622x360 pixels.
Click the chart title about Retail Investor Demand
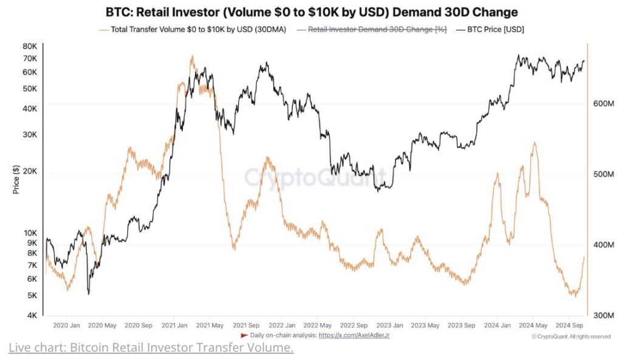pyautogui.click(x=311, y=12)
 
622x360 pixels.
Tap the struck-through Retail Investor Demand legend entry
pyautogui.click(x=377, y=29)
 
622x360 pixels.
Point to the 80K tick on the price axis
pyautogui.click(x=29, y=46)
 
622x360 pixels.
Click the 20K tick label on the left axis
pyautogui.click(x=29, y=171)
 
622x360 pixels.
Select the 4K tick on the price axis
pyautogui.click(x=32, y=315)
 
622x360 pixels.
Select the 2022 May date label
pyautogui.click(x=318, y=325)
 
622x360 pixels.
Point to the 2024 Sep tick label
pyautogui.click(x=569, y=325)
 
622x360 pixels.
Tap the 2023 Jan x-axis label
pyautogui.click(x=389, y=325)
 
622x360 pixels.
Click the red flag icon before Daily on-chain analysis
pyautogui.click(x=245, y=336)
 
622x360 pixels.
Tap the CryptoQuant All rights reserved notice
pyautogui.click(x=570, y=336)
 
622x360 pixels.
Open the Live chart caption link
pyautogui.click(x=151, y=348)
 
